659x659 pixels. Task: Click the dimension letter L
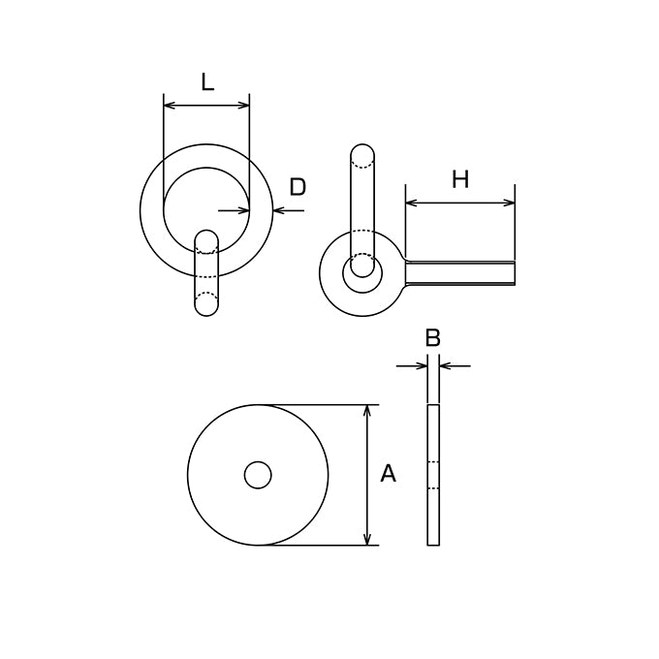click(207, 82)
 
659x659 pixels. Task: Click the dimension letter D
click(298, 187)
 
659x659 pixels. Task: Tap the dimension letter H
click(460, 179)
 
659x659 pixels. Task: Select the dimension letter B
click(433, 337)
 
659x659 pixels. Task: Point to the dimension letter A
click(388, 473)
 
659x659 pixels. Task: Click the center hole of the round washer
click(258, 475)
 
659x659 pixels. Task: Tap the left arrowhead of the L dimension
click(169, 105)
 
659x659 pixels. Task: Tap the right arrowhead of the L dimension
click(244, 105)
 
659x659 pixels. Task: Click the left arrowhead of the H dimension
click(411, 203)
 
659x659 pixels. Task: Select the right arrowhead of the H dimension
click(509, 203)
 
